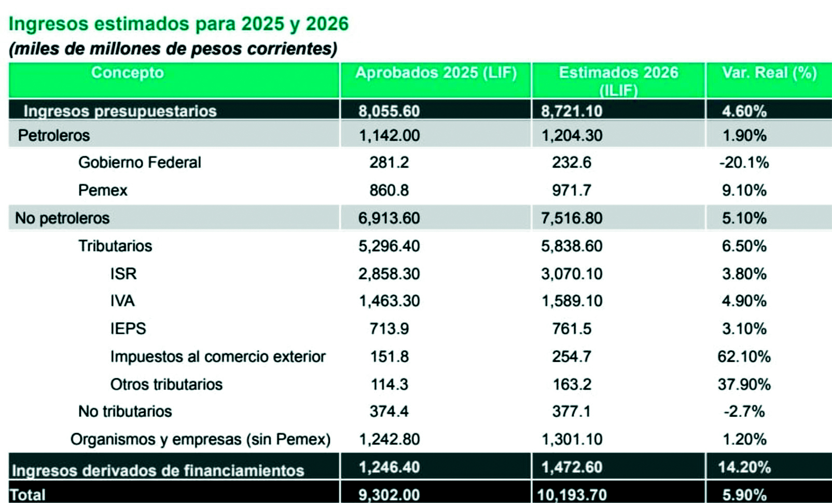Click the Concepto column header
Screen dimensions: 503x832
(127, 73)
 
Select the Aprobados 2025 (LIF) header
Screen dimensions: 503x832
(436, 73)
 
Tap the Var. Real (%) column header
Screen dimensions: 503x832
(769, 73)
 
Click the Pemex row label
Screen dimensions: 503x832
(103, 190)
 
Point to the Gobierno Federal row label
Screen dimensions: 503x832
(140, 162)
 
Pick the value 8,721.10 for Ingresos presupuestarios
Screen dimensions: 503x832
(572, 111)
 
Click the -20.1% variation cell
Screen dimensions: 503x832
(744, 162)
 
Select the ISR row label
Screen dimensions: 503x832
(123, 273)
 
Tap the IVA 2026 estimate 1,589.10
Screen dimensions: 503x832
(572, 301)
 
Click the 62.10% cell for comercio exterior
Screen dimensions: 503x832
(744, 356)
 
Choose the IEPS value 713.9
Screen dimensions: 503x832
(389, 329)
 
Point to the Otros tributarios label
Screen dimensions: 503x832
(166, 384)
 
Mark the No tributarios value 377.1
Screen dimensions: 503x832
(572, 411)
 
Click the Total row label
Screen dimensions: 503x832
(28, 495)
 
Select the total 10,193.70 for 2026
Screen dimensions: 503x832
(572, 495)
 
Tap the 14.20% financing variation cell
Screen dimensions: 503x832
(744, 467)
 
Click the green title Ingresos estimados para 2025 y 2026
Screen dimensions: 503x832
(178, 24)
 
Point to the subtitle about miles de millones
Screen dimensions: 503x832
(173, 49)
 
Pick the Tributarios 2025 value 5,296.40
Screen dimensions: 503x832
(389, 246)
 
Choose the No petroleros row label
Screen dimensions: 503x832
(62, 218)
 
